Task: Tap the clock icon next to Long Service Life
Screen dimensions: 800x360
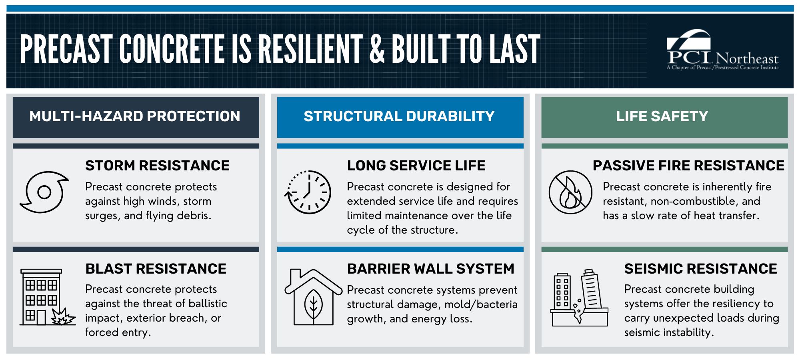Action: [x=308, y=192]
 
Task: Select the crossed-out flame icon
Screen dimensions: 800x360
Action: [x=570, y=192]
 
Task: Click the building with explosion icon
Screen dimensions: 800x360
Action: [x=47, y=297]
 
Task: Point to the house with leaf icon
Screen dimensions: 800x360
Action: [x=313, y=297]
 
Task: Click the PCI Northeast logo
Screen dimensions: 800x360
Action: [x=722, y=50]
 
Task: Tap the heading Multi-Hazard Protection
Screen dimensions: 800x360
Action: [x=135, y=116]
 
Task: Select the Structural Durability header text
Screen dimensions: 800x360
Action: [x=399, y=116]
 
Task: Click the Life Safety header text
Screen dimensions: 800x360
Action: [x=662, y=116]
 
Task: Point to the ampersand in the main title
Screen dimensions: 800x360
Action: [x=377, y=49]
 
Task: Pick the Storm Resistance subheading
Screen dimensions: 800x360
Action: [x=157, y=166]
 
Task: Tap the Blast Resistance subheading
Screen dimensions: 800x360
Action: [x=156, y=269]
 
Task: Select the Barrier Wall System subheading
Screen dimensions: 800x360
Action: [x=430, y=269]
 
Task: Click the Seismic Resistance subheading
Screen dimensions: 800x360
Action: [x=700, y=269]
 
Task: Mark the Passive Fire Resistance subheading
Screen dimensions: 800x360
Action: [x=688, y=166]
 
